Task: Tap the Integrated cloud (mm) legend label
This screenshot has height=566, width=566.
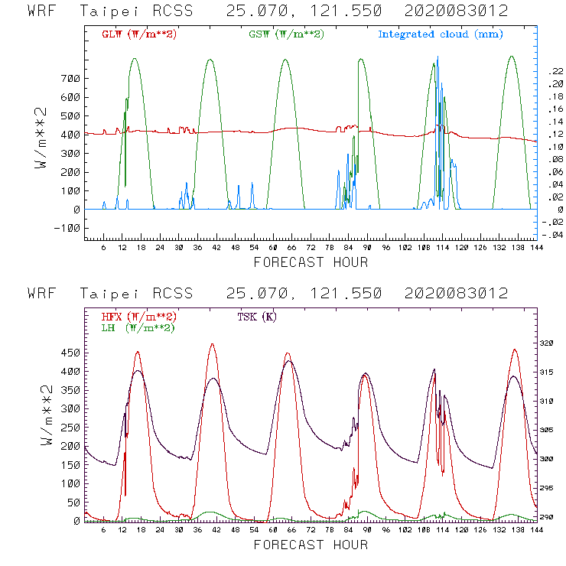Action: click(x=441, y=34)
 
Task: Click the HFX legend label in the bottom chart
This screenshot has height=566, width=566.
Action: click(x=137, y=317)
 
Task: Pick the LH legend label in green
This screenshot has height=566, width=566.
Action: click(x=137, y=327)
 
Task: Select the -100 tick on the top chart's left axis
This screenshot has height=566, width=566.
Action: click(x=67, y=228)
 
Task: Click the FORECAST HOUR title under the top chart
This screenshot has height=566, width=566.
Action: click(x=311, y=262)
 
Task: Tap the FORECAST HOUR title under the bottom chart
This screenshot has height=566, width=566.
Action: click(x=311, y=545)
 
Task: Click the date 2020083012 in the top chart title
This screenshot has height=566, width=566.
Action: click(x=457, y=11)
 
